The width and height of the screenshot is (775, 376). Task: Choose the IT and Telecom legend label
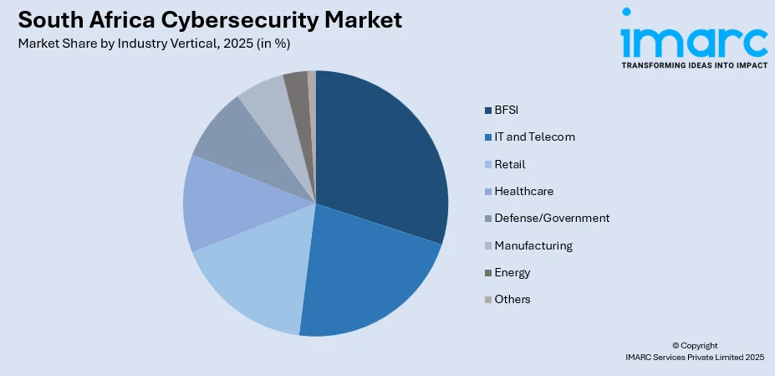[x=534, y=136]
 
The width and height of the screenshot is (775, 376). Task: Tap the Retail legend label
[x=509, y=164]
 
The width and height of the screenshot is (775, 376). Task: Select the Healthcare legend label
[x=523, y=191]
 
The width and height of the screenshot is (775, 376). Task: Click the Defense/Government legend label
[x=551, y=218]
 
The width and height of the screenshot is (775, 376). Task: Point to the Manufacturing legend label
[x=533, y=245]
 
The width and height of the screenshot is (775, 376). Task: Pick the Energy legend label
[x=512, y=272]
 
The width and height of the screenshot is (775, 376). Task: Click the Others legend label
[x=512, y=299]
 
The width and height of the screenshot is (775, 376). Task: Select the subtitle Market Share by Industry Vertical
[x=159, y=44]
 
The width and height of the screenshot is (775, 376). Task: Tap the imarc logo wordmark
[x=693, y=37]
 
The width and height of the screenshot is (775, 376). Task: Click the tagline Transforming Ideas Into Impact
[x=693, y=64]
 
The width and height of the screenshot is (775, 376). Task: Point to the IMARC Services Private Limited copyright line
[x=694, y=357]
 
